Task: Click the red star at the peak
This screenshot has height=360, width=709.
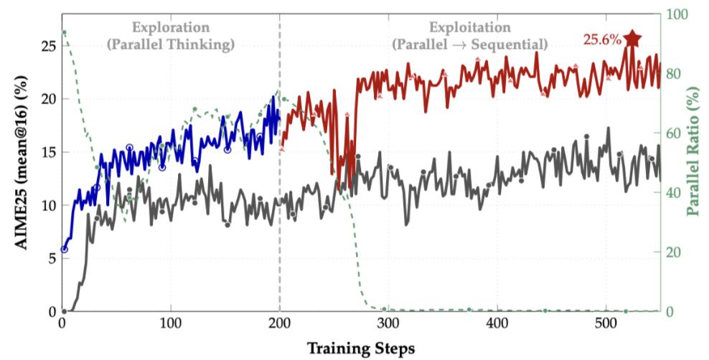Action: point(631,39)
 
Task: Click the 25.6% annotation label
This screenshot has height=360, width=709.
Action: point(601,40)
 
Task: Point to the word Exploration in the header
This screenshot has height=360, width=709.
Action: point(171,27)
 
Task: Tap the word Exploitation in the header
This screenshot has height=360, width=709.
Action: point(470,27)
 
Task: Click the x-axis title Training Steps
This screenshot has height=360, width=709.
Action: point(361,349)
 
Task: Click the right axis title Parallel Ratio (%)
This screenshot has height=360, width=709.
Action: point(692,150)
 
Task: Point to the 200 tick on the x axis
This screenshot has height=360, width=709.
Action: point(280,325)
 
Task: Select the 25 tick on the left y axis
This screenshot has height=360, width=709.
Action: point(47,46)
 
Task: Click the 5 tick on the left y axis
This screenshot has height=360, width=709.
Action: point(51,258)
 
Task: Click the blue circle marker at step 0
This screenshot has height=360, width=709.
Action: point(64,250)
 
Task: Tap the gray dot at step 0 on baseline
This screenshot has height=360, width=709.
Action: point(64,311)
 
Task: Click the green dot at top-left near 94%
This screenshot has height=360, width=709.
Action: point(64,32)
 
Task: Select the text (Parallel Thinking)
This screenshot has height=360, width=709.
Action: point(171,44)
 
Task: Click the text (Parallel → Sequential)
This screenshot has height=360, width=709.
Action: point(470,44)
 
